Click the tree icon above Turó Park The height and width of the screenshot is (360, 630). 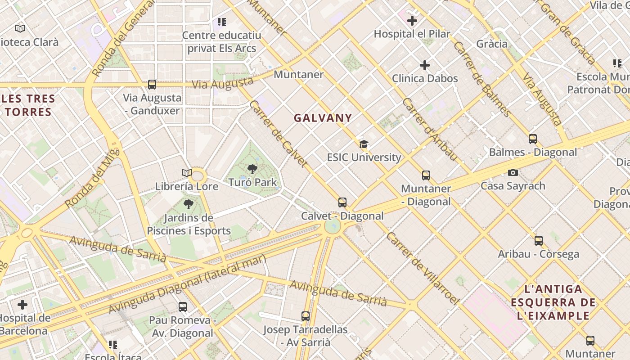(252, 169)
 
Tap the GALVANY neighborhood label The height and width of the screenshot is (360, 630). (323, 118)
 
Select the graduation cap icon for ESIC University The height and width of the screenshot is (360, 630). (364, 144)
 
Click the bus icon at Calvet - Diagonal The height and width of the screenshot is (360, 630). (342, 202)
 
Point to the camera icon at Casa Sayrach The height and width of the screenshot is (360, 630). (513, 172)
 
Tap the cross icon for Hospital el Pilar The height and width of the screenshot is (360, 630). (412, 20)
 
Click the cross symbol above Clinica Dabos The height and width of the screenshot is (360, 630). (424, 65)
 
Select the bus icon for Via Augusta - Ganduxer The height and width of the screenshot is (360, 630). (152, 84)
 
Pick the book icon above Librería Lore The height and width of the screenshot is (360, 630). (187, 173)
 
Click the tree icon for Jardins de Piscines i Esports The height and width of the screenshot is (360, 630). (189, 204)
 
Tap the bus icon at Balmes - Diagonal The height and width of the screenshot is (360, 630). (533, 139)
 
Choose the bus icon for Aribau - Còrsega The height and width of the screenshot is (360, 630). (539, 241)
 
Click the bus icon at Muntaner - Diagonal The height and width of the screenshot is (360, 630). (426, 175)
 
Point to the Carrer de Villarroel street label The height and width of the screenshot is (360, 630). (423, 268)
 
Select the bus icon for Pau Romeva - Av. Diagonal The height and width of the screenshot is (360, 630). (182, 307)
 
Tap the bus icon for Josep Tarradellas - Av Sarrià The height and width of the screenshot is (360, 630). (306, 316)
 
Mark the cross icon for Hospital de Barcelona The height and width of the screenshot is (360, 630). (22, 305)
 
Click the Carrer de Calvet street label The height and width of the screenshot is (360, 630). (279, 134)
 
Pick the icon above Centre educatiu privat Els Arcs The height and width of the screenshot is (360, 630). (221, 22)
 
